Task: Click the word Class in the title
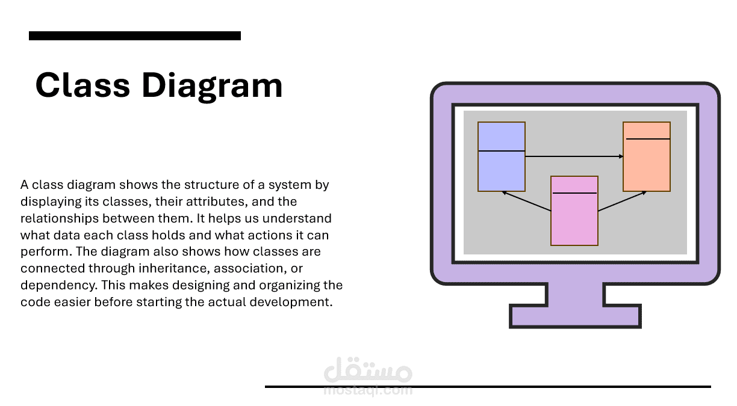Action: pyautogui.click(x=82, y=85)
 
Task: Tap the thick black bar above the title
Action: pyautogui.click(x=135, y=36)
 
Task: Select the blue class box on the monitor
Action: pyautogui.click(x=502, y=156)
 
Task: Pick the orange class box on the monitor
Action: pyautogui.click(x=647, y=156)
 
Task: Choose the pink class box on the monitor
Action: pyautogui.click(x=574, y=211)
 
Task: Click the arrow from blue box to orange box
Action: pyautogui.click(x=574, y=156)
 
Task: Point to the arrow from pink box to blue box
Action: pyautogui.click(x=526, y=201)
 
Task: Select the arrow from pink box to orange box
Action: pyautogui.click(x=623, y=201)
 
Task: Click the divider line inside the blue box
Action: pyautogui.click(x=502, y=151)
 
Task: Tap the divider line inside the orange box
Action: pyautogui.click(x=648, y=139)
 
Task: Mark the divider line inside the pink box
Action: pyautogui.click(x=574, y=193)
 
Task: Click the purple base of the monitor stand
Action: pyautogui.click(x=575, y=316)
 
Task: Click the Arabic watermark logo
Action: pyautogui.click(x=368, y=370)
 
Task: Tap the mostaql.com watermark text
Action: pyautogui.click(x=368, y=390)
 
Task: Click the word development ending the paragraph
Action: pyautogui.click(x=291, y=303)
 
